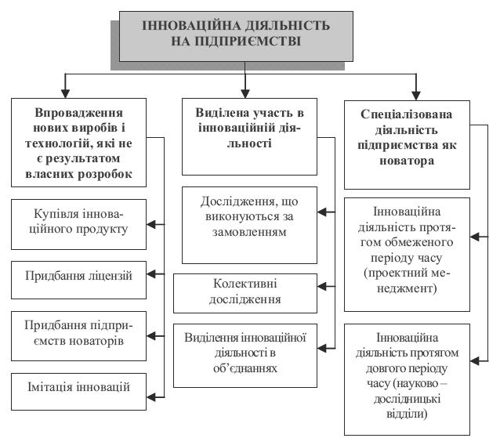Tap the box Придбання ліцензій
pyautogui.click(x=79, y=276)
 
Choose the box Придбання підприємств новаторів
pyautogui.click(x=79, y=331)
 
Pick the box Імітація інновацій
pyautogui.click(x=79, y=386)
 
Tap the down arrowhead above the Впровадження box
pyautogui.click(x=67, y=91)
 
